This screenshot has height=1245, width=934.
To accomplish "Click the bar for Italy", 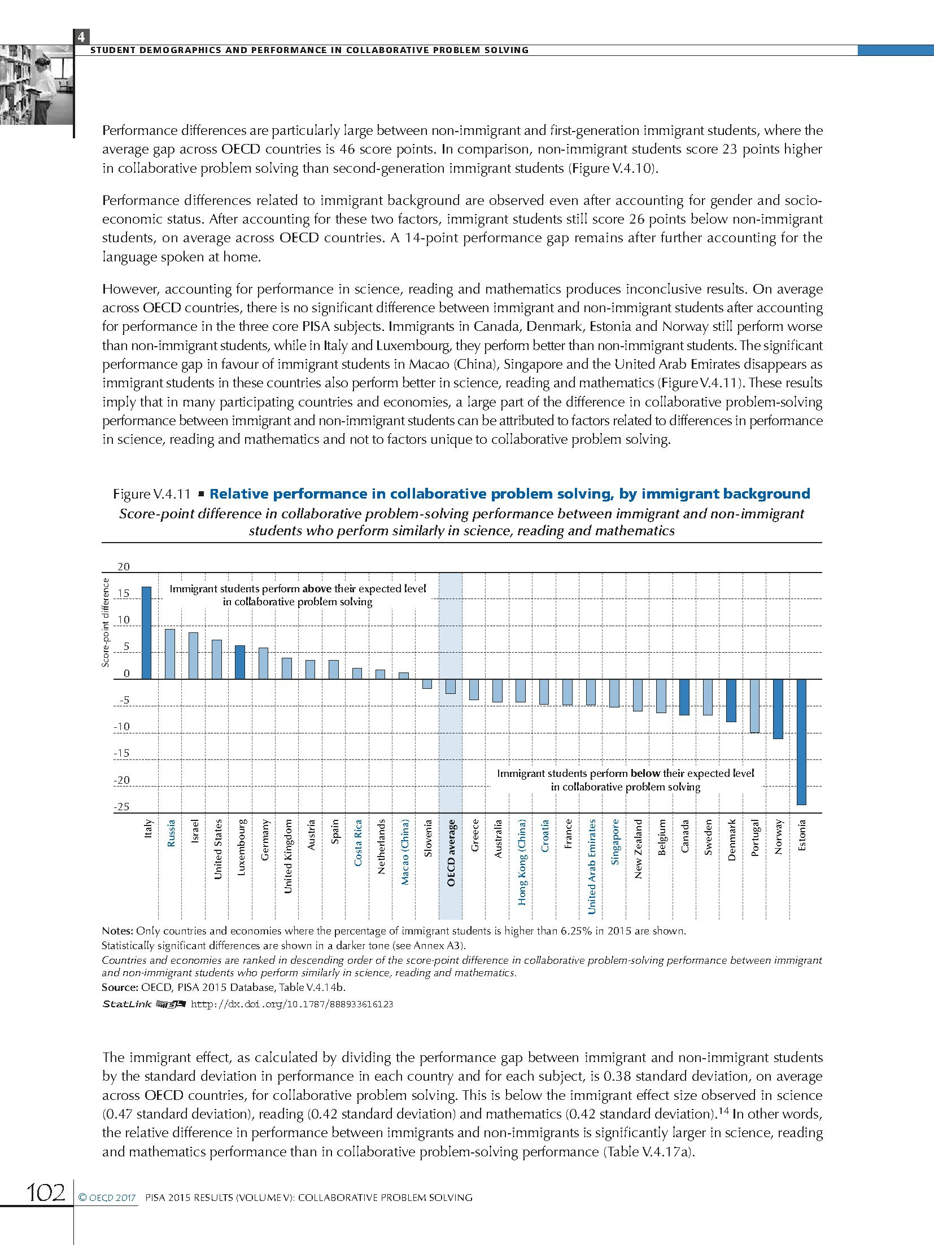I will click(x=146, y=632).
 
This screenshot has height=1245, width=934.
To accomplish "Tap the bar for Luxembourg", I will click(x=240, y=662).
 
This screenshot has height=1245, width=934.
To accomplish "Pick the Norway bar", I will click(x=778, y=709).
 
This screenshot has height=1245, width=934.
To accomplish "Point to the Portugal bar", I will click(x=754, y=706).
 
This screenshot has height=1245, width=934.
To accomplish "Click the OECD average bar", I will click(x=451, y=686).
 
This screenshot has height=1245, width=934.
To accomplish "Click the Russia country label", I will click(x=171, y=833).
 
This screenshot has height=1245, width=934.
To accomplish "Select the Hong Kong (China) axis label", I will click(x=522, y=862).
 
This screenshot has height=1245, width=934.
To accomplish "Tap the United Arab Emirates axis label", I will click(x=592, y=866).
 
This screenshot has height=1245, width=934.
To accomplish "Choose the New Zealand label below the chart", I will click(x=639, y=849).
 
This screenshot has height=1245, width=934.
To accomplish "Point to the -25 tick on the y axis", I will click(x=121, y=807).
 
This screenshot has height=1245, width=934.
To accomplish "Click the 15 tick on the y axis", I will click(x=123, y=593).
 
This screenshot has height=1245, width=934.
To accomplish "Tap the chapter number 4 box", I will click(x=81, y=37).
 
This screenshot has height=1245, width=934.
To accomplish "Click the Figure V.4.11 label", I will click(x=151, y=494).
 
